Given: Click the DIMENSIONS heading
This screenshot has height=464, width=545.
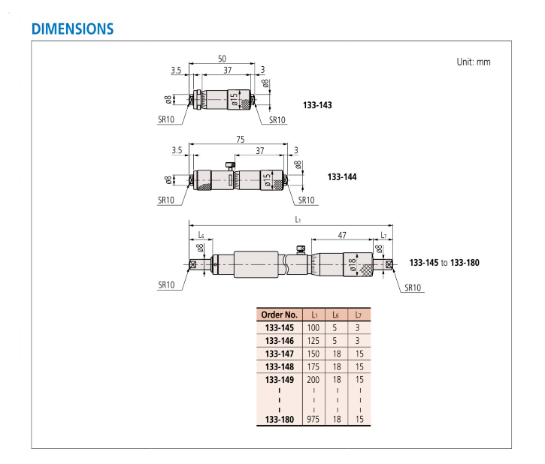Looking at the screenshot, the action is click(x=73, y=29).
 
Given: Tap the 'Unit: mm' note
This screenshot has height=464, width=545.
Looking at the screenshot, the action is click(x=474, y=62).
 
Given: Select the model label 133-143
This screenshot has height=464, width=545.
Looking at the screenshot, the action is click(x=317, y=105).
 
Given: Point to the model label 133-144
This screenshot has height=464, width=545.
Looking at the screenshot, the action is click(x=342, y=177).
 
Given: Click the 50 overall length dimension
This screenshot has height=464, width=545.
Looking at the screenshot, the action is click(x=222, y=59).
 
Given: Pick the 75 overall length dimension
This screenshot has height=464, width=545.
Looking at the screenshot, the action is click(x=240, y=139).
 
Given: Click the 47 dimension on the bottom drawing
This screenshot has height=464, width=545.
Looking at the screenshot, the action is click(x=342, y=235).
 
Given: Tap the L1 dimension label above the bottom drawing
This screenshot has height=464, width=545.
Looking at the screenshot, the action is click(x=298, y=220).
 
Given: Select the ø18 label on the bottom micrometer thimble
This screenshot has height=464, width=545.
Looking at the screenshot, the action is click(x=352, y=265).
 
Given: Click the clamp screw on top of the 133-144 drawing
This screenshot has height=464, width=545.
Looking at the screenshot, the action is click(x=230, y=166).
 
